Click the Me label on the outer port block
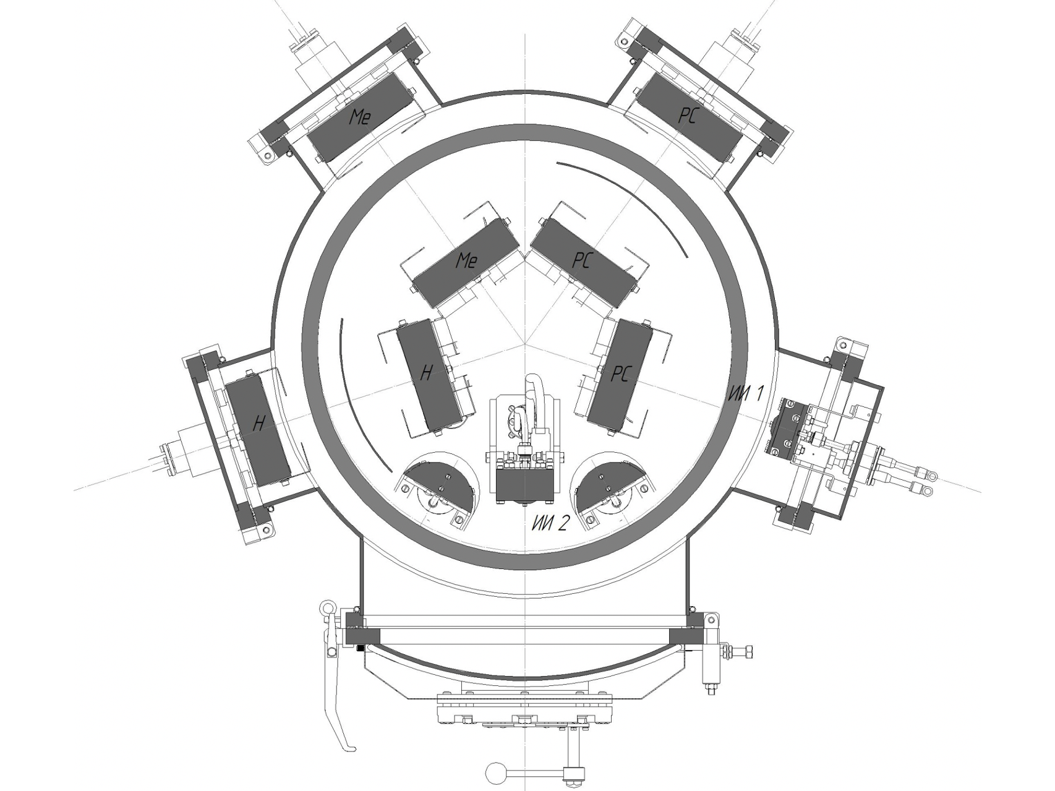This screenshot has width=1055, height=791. coord(360,116)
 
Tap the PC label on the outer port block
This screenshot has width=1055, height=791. coord(687,116)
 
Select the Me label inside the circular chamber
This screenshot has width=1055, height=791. coord(466,260)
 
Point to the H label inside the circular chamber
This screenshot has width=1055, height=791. coord(426,372)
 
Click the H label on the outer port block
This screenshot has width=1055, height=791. coord(259,423)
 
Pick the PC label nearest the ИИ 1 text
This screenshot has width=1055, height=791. coord(621,374)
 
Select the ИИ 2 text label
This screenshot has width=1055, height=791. coord(549,524)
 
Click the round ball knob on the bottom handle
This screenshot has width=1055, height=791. coord(495,772)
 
